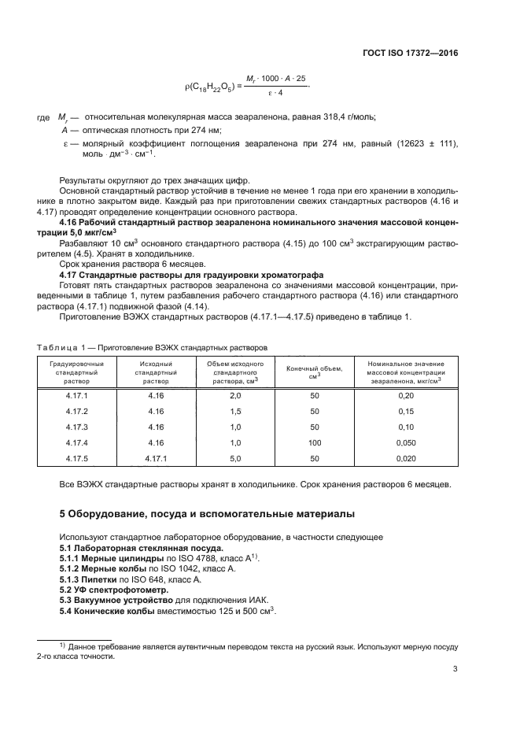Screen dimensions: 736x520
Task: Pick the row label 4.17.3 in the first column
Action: click(76, 427)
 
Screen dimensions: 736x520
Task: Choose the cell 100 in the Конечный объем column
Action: click(315, 442)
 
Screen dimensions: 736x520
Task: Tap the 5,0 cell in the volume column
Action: click(234, 458)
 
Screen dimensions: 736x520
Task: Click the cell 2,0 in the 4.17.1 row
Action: click(234, 395)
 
